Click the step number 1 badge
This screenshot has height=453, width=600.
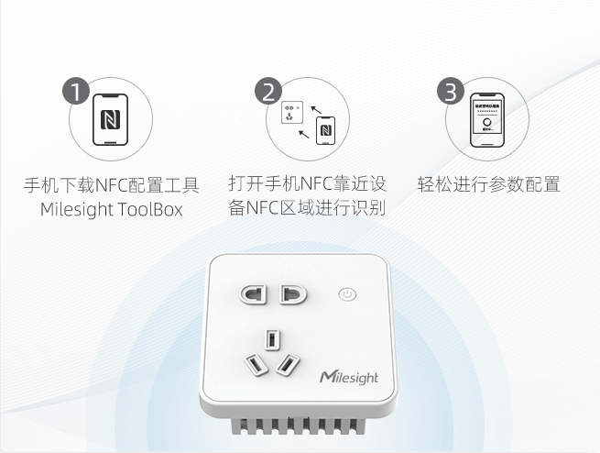click(x=76, y=91)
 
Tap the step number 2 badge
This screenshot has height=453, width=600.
click(x=268, y=91)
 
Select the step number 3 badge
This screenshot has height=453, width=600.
click(x=451, y=91)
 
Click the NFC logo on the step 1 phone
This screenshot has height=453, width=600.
click(x=110, y=119)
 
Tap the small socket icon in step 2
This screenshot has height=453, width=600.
click(x=292, y=112)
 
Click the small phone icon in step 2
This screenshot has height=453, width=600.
click(x=325, y=130)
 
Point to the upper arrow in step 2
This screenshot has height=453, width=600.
click(x=316, y=110)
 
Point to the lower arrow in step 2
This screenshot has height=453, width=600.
click(x=304, y=134)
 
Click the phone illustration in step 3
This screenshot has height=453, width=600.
click(x=487, y=120)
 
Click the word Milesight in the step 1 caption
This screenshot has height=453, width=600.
click(x=77, y=209)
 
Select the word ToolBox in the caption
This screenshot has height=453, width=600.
click(x=150, y=209)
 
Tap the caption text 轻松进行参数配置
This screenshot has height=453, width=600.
click(x=488, y=184)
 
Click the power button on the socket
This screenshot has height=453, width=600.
click(x=347, y=294)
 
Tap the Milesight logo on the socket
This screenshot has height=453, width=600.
click(x=349, y=377)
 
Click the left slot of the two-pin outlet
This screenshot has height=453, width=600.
click(x=253, y=294)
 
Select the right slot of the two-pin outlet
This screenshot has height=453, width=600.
click(x=293, y=294)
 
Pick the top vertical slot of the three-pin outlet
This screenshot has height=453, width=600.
click(x=272, y=339)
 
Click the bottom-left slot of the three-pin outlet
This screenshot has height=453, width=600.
click(x=256, y=364)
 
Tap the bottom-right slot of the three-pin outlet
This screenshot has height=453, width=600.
click(x=288, y=364)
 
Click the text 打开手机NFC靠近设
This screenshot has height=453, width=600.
click(x=307, y=183)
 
